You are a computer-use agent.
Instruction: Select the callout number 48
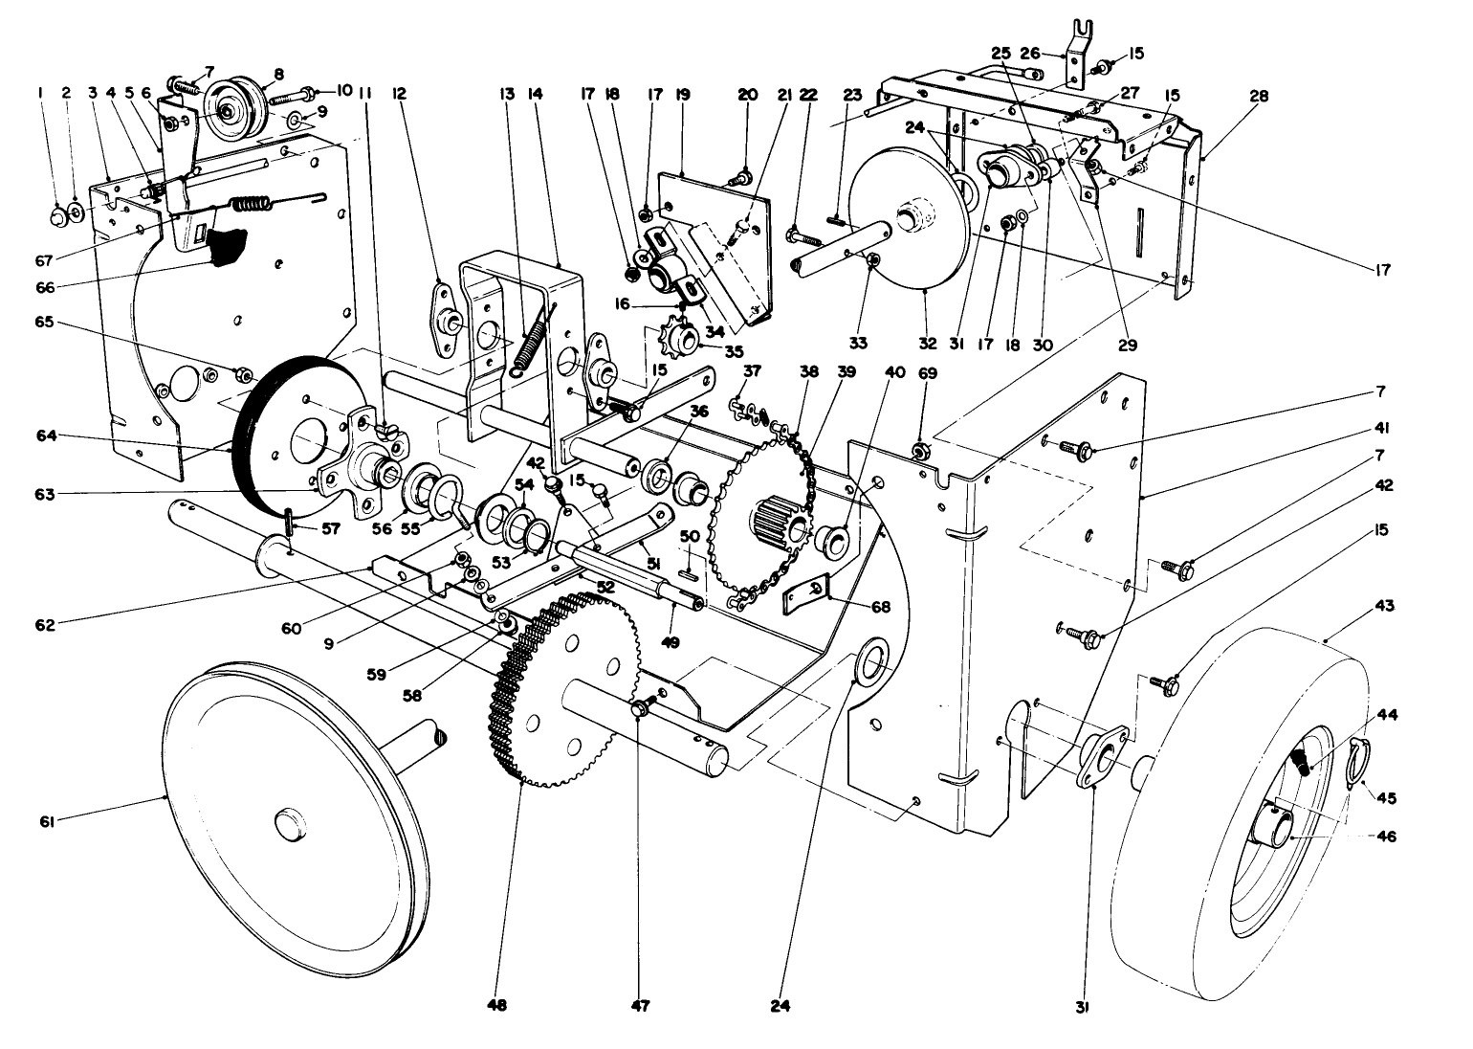pyautogui.click(x=496, y=1005)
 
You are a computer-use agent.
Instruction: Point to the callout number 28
pyautogui.click(x=1259, y=96)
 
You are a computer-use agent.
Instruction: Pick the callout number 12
pyautogui.click(x=399, y=94)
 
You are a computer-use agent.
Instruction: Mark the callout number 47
pyautogui.click(x=639, y=1005)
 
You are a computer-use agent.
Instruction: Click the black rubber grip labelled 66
pyautogui.click(x=226, y=246)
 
